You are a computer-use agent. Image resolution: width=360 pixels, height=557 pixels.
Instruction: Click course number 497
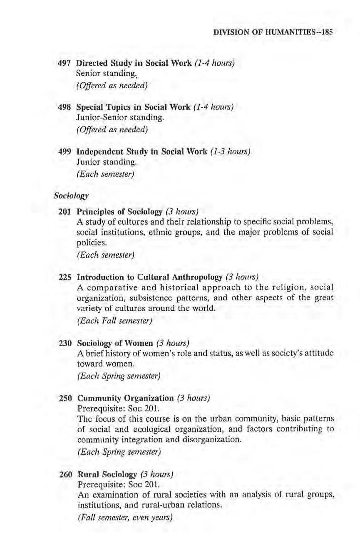[x=65, y=63]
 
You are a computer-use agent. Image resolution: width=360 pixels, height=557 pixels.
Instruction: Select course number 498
[x=65, y=107]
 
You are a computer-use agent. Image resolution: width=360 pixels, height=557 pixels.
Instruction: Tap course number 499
[x=65, y=152]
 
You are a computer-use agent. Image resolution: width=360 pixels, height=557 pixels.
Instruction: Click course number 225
[x=65, y=277]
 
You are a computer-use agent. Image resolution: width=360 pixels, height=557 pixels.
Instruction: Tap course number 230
[x=65, y=343]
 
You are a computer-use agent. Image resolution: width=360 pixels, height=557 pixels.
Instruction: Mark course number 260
[x=65, y=474]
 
